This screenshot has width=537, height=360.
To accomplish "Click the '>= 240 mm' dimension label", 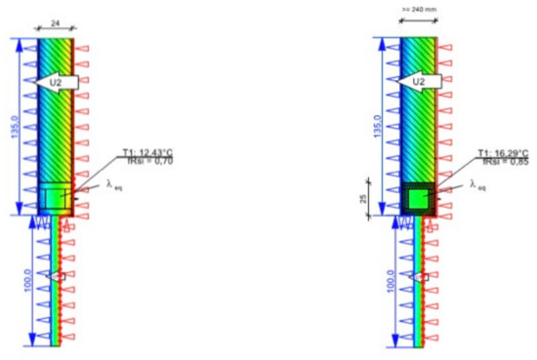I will coord(417,10).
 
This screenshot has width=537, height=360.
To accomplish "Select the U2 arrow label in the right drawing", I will coord(419,82).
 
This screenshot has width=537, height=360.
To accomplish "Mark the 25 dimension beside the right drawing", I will coord(366,199).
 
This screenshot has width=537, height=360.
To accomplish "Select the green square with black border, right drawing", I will coord(419,198).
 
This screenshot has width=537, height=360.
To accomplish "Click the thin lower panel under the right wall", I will coord(419,283).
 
